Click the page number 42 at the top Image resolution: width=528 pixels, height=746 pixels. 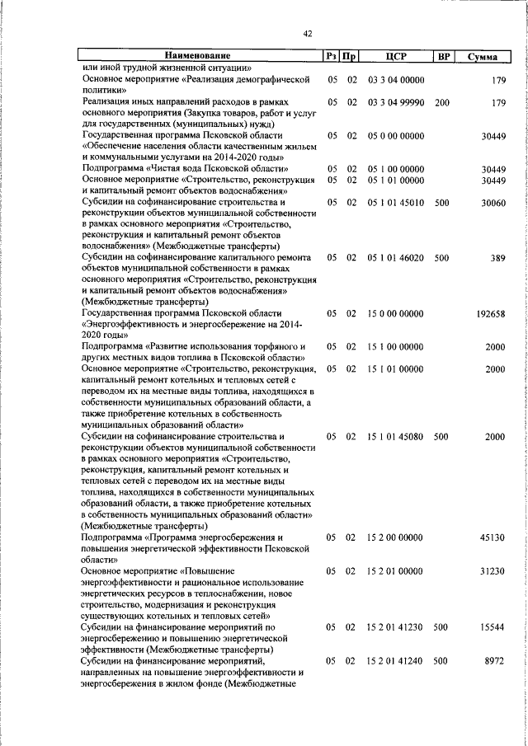click(308, 34)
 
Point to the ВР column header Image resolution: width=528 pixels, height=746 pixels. click(443, 57)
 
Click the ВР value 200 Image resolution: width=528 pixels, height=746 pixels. click(441, 102)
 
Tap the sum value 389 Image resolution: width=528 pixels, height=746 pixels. click(497, 258)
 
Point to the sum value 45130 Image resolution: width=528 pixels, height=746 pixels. click(493, 537)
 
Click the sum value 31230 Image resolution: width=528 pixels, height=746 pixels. click(493, 571)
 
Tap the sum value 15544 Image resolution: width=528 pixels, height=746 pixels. click(493, 627)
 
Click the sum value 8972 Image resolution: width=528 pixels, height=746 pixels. click(494, 661)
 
